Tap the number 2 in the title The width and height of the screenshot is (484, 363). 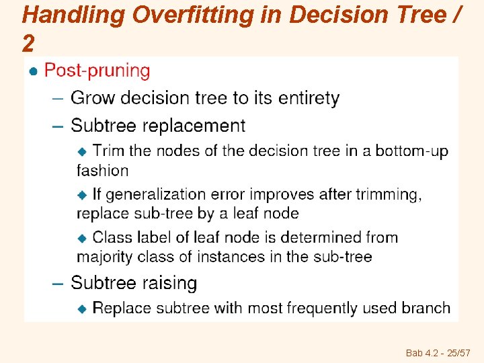(x=28, y=44)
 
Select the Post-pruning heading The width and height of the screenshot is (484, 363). (x=97, y=71)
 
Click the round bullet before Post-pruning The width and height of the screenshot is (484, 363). (x=32, y=71)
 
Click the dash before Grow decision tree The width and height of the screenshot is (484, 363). (x=58, y=99)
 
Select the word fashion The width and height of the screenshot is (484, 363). (x=102, y=170)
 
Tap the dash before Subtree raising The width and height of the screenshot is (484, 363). (x=58, y=284)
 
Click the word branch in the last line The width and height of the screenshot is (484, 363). (x=426, y=308)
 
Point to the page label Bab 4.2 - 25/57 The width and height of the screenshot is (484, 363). (x=437, y=352)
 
